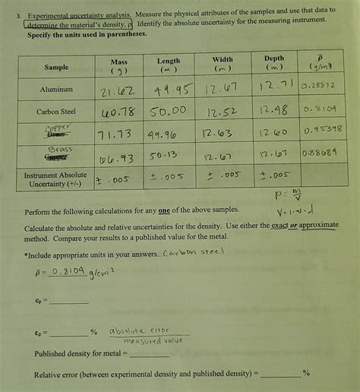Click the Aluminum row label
point(56,90)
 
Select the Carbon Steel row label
point(56,111)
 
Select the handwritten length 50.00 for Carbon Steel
point(169,112)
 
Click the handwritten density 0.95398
point(322,130)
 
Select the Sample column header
point(56,68)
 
